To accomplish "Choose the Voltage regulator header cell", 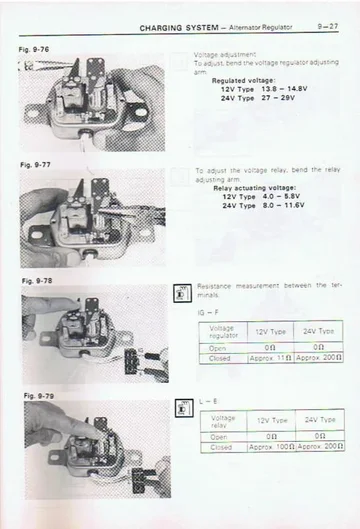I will click(x=224, y=331).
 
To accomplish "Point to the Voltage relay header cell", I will click(x=224, y=421).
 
